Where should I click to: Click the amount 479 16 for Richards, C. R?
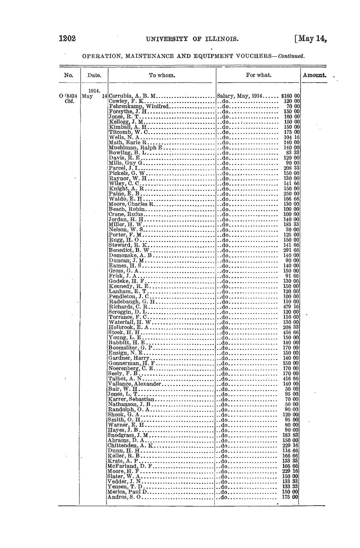coord(291,307)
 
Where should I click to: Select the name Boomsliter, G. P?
coord(129,348)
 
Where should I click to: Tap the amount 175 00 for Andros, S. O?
coord(291,496)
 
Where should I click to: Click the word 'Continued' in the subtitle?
coord(291,57)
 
